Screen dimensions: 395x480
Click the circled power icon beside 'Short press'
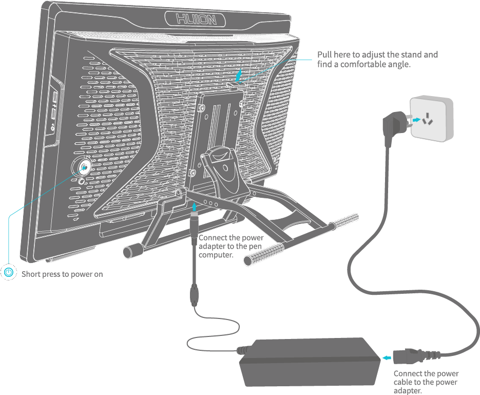[x=9, y=272]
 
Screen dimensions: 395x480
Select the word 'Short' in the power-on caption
[x=30, y=274]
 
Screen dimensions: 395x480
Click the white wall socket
[x=431, y=120]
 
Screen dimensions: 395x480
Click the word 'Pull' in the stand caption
[x=325, y=54]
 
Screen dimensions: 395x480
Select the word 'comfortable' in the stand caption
[x=369, y=64]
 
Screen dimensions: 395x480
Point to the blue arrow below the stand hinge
[x=194, y=208]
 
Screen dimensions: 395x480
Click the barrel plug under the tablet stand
[x=194, y=226]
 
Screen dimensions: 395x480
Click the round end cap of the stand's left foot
[x=127, y=252]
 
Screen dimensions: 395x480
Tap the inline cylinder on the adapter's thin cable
[x=195, y=295]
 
